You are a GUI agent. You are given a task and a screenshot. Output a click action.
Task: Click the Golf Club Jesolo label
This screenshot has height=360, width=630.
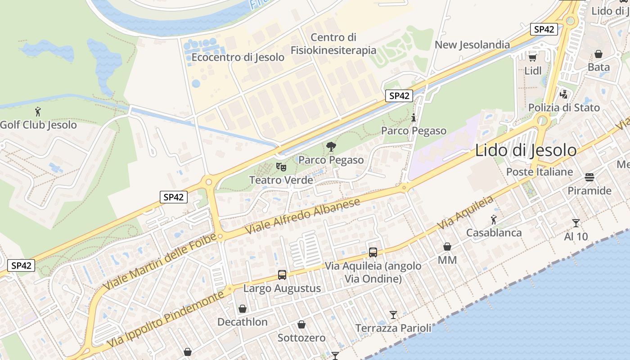39,125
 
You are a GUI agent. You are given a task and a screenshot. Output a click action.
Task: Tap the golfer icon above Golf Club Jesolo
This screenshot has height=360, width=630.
38,111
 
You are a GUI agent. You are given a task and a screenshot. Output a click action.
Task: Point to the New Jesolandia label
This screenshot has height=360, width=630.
472,45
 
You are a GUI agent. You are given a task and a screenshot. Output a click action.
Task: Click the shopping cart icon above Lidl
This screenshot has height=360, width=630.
533,58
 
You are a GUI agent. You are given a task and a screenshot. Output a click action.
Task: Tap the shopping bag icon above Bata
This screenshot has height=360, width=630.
598,54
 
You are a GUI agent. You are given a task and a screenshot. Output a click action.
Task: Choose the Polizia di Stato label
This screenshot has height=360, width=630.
564,108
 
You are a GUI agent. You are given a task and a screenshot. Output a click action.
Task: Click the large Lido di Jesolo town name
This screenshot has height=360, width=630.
526,150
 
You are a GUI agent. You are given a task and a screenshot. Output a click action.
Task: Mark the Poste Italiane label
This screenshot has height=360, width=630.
540,172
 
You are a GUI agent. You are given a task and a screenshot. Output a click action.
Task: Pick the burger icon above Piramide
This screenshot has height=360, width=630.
589,177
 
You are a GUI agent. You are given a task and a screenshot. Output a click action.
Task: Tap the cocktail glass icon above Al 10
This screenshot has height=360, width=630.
576,223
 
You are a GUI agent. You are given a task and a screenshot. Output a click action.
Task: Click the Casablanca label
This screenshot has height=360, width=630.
494,233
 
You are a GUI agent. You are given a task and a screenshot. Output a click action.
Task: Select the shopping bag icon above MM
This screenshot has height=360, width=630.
447,247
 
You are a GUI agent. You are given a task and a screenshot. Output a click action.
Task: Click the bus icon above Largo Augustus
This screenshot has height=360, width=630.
282,274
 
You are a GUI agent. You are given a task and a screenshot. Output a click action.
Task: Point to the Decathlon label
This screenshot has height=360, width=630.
242,322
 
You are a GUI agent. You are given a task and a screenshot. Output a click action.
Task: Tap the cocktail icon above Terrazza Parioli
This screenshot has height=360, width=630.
393,315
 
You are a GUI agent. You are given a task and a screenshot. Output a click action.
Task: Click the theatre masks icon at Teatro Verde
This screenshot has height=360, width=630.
281,167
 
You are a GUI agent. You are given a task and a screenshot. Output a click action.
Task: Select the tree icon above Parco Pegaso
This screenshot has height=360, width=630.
331,147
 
